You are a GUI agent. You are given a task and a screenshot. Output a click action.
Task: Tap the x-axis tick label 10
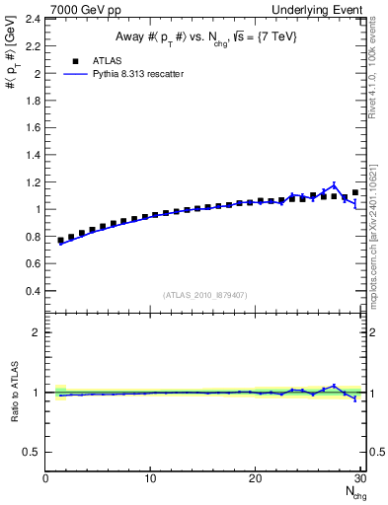point(150,478)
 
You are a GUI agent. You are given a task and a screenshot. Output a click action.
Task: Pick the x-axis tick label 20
point(255,478)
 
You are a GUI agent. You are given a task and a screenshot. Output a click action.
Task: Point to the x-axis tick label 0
point(46,478)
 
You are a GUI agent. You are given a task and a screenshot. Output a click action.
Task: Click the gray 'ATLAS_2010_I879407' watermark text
point(204,295)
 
